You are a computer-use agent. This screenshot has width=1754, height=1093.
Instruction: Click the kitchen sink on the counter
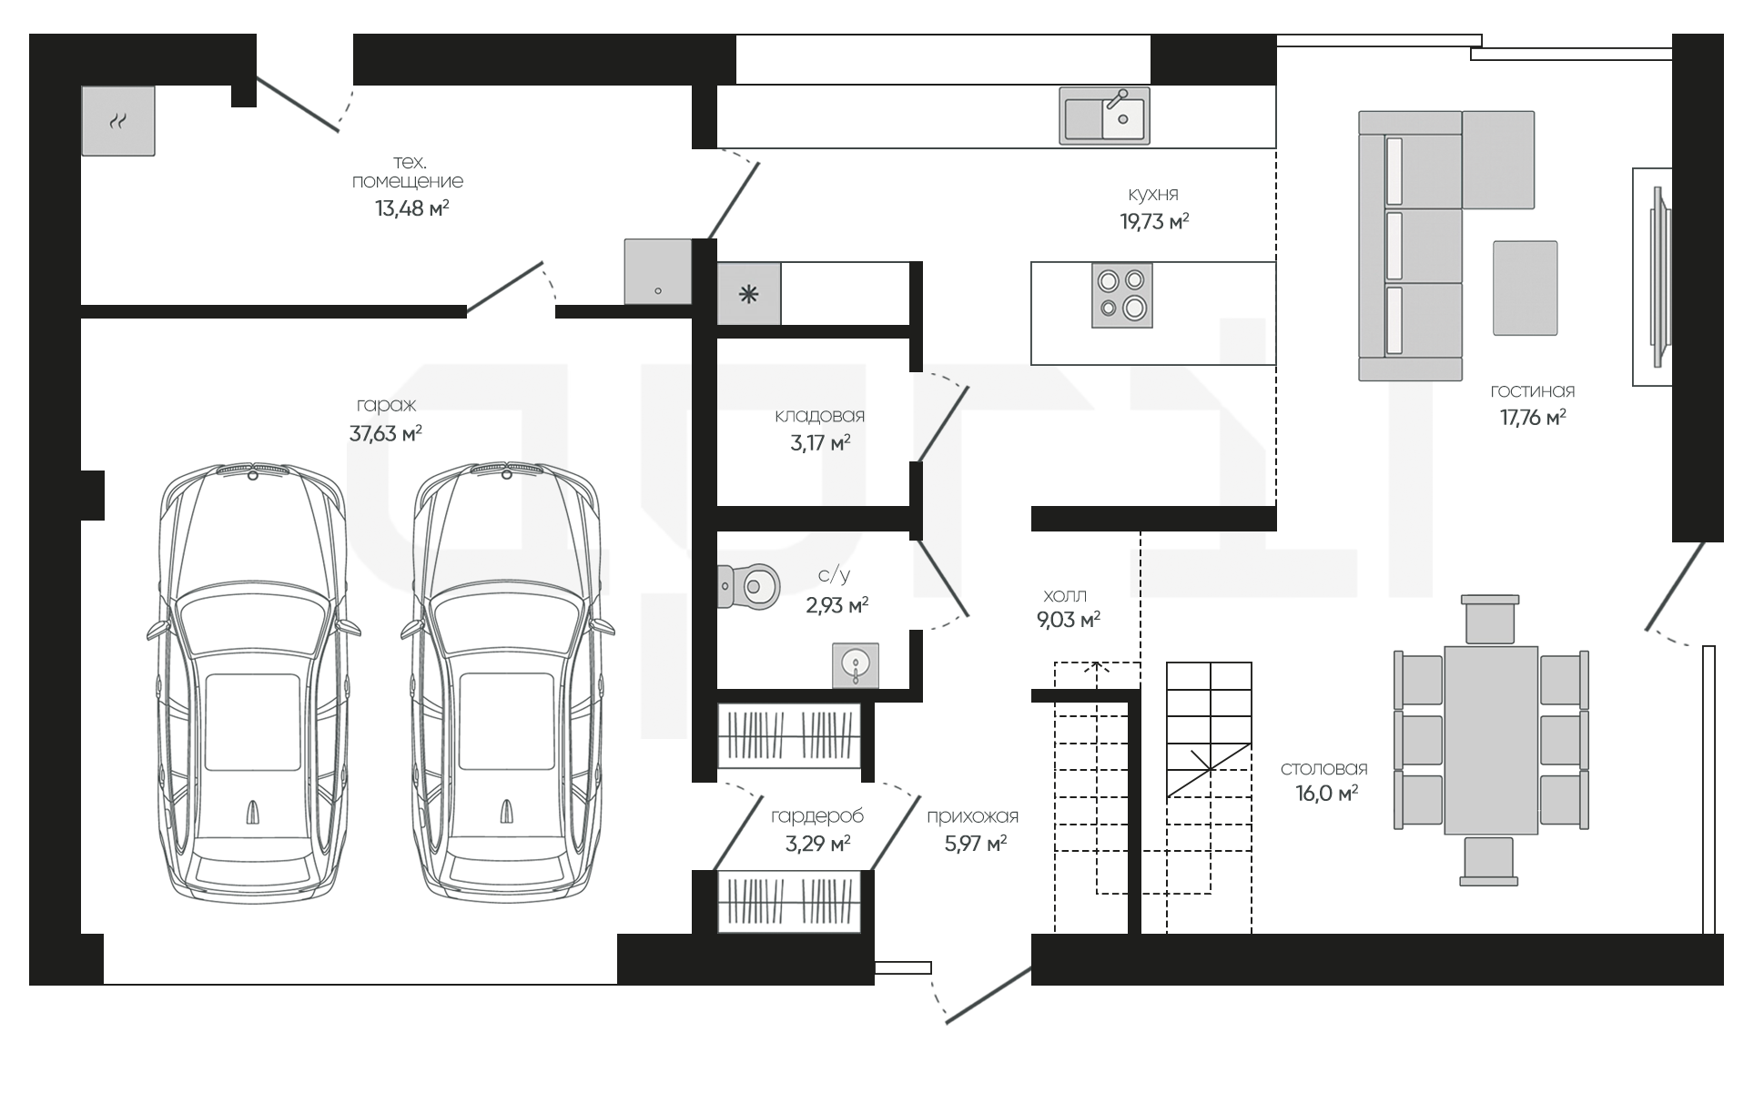[1104, 116]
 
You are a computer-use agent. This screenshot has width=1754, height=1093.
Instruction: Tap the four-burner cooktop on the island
[1121, 296]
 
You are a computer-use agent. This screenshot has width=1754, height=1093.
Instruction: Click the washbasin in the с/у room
[856, 665]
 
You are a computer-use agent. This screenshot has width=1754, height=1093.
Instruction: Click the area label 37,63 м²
[385, 433]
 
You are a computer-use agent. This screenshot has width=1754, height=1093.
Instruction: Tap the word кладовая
[819, 416]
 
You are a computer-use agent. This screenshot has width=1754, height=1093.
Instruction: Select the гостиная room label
[1532, 391]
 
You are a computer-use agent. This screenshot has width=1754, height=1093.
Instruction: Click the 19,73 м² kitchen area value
[1154, 221]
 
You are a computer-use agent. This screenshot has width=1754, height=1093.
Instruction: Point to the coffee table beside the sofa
[1525, 288]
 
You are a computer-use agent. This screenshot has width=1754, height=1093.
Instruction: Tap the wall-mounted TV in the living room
[1658, 277]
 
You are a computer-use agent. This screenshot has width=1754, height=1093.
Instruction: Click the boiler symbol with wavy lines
[118, 120]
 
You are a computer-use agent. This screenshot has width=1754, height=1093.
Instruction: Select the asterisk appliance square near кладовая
[748, 294]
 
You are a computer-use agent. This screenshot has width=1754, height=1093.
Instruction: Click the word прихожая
[972, 816]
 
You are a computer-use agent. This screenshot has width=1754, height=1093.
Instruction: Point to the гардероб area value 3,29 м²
[817, 844]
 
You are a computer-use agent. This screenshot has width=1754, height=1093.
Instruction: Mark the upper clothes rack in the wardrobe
[789, 735]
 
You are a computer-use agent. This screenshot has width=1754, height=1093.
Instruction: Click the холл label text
[1064, 596]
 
